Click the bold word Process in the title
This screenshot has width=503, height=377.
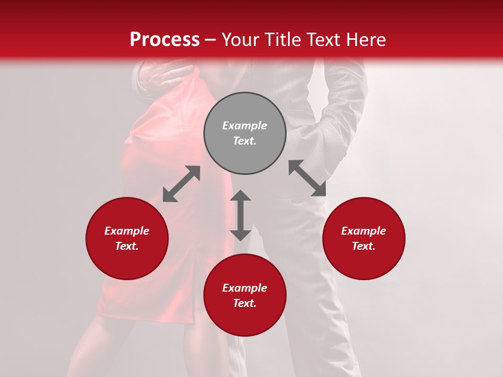tap(165, 40)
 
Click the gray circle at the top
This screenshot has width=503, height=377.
tap(245, 134)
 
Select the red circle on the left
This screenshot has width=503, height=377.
tap(127, 238)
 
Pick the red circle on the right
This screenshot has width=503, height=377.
tap(364, 238)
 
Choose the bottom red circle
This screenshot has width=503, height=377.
tap(245, 295)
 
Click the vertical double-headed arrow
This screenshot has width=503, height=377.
tap(240, 215)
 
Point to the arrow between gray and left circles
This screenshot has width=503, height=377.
tap(181, 184)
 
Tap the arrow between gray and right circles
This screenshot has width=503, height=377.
tap(307, 178)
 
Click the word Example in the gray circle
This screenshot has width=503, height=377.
tap(245, 126)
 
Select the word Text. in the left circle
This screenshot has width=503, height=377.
tap(127, 246)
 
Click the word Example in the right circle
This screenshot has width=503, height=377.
tap(364, 231)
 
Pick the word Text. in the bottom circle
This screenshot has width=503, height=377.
tap(245, 303)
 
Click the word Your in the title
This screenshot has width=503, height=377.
tap(239, 40)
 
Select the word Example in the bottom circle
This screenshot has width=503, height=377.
tap(245, 288)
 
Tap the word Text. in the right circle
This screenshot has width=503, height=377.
tap(364, 246)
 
